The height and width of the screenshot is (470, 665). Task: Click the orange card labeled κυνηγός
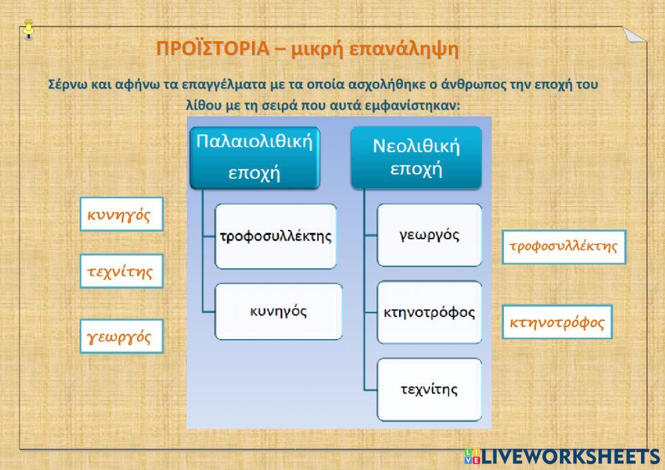coord(122,214)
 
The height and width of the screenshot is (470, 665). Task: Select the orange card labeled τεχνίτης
coord(122,271)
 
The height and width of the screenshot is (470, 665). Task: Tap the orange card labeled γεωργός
coord(122,336)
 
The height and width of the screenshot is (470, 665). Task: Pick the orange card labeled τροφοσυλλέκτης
coord(564,247)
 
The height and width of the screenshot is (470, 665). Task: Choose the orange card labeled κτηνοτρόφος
coord(557,322)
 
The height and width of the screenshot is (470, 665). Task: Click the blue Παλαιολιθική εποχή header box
coord(255,158)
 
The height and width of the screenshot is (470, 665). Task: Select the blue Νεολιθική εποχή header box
coord(416,158)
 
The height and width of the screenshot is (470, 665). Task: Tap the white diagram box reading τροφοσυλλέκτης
coord(276,236)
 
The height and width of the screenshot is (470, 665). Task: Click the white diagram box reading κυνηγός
coord(279,312)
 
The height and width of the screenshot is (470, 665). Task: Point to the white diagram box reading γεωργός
coord(429,235)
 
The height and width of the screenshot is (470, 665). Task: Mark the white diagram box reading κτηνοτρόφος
coord(429,312)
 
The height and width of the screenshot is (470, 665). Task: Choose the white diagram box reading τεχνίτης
coord(429,390)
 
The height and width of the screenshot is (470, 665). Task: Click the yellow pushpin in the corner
coord(29,29)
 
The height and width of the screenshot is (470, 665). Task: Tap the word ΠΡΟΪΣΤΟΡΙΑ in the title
coord(213,49)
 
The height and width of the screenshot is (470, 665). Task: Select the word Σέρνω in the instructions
coord(67,84)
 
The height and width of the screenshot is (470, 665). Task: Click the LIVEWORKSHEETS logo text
coord(571,457)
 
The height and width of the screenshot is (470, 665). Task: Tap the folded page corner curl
coord(634,35)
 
